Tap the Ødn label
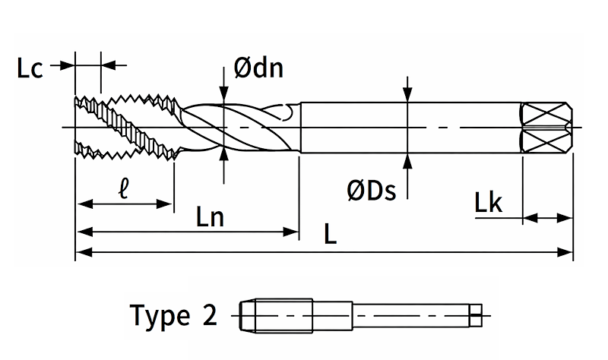point(258,69)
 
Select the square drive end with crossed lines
point(546,127)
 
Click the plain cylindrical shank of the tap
point(410,127)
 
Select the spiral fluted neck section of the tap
point(236,127)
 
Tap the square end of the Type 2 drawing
point(476,314)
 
